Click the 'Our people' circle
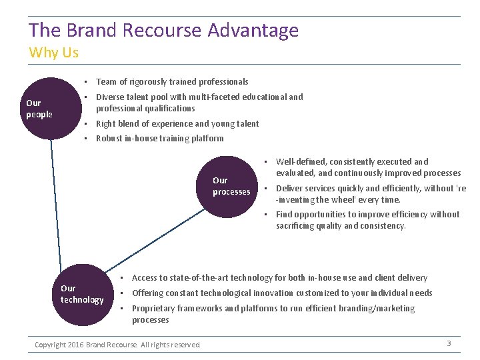coord(50,109)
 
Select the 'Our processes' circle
coord(231,186)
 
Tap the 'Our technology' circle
coord(82,295)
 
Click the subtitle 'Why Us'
coord(53,53)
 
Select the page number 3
coord(449,343)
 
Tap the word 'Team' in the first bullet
coord(106,82)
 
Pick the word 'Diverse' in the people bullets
coord(111,97)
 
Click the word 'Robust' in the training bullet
coord(109,139)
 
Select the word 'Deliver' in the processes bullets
coord(290,189)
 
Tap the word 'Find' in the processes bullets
coord(284,215)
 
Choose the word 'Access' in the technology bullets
coord(145,278)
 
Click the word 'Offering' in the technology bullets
coord(149,293)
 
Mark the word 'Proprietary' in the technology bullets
coord(155,309)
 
